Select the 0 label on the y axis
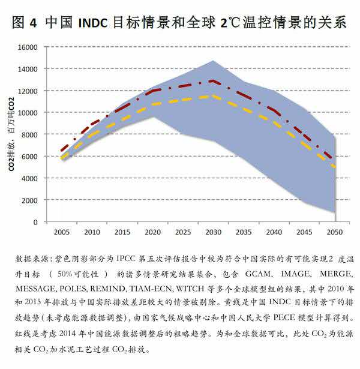point(36,222)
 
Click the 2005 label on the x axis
point(61,232)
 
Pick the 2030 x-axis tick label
point(211,232)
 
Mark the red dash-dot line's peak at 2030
point(211,80)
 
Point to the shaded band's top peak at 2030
point(212,61)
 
